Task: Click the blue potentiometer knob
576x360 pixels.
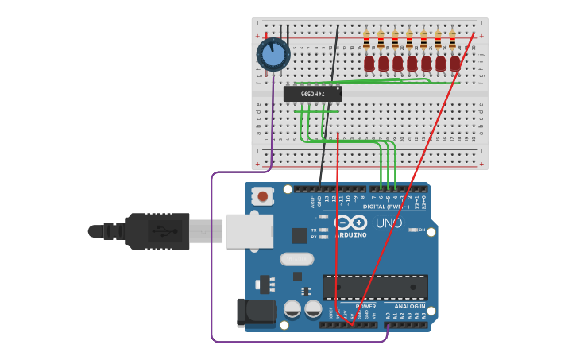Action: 273,55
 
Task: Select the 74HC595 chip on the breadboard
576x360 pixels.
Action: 313,94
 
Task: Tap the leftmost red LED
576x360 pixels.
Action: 369,63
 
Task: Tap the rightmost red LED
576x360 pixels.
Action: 454,63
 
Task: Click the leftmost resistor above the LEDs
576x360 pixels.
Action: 366,40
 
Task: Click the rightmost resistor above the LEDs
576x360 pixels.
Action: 452,40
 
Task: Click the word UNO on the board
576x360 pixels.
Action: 389,223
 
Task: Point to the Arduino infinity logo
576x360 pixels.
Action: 350,223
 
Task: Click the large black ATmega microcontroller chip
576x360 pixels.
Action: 375,287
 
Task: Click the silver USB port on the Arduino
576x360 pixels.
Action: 249,231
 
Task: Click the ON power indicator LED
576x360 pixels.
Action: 413,230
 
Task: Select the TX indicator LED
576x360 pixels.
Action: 323,230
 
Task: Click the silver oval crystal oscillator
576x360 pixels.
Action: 296,259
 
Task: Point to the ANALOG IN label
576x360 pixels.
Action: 410,306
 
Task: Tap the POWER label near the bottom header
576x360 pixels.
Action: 365,306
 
